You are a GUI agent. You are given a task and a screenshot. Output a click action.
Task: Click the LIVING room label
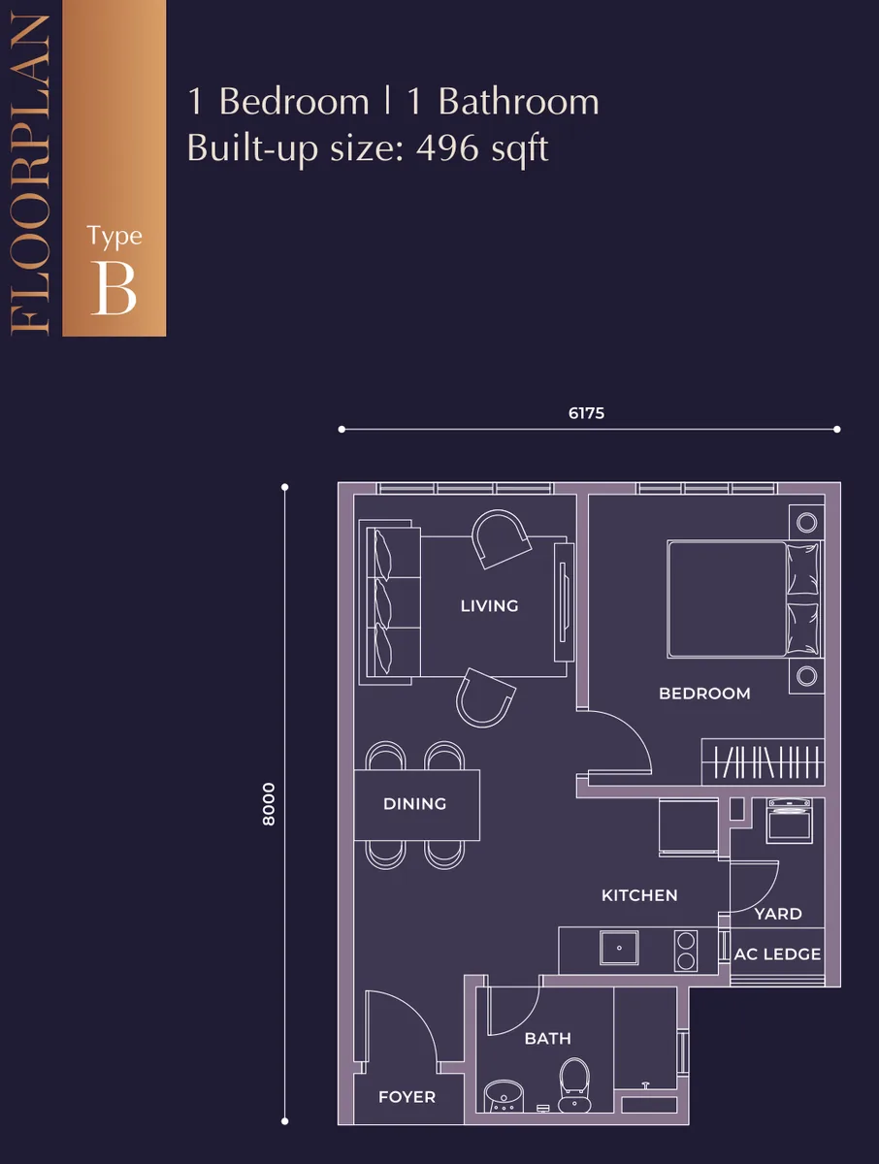pyautogui.click(x=489, y=605)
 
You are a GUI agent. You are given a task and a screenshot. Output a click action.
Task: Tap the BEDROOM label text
pyautogui.click(x=704, y=694)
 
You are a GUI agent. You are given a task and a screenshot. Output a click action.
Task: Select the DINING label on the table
pyautogui.click(x=414, y=803)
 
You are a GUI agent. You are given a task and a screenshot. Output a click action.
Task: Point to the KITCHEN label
pyautogui.click(x=639, y=895)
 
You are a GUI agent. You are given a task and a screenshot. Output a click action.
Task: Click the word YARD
pyautogui.click(x=778, y=914)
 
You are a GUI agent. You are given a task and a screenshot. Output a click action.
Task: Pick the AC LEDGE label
pyautogui.click(x=777, y=954)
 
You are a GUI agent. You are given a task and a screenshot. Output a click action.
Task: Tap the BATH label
pyautogui.click(x=547, y=1038)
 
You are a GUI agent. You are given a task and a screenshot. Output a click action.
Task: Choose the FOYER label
pyautogui.click(x=407, y=1096)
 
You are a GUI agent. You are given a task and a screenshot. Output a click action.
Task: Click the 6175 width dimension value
pyautogui.click(x=586, y=413)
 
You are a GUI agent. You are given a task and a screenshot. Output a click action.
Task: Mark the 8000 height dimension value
pyautogui.click(x=270, y=804)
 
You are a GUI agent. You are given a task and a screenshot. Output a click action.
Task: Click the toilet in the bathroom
pyautogui.click(x=574, y=1085)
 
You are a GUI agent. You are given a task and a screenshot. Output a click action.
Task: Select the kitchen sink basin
pyautogui.click(x=619, y=948)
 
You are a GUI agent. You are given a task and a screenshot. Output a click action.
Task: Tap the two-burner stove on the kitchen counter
pyautogui.click(x=686, y=952)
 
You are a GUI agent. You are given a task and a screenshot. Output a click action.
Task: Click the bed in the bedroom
pyautogui.click(x=745, y=598)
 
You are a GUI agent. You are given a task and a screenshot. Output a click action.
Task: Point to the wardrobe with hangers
pyautogui.click(x=763, y=761)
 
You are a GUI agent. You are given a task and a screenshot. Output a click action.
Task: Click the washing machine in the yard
pyautogui.click(x=790, y=821)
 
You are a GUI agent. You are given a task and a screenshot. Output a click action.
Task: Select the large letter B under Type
pyautogui.click(x=114, y=288)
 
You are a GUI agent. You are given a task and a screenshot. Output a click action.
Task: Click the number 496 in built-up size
pyautogui.click(x=446, y=148)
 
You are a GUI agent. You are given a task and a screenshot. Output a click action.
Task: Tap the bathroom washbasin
pyautogui.click(x=504, y=1096)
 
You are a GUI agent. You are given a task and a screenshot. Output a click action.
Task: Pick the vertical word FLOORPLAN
pyautogui.click(x=30, y=174)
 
